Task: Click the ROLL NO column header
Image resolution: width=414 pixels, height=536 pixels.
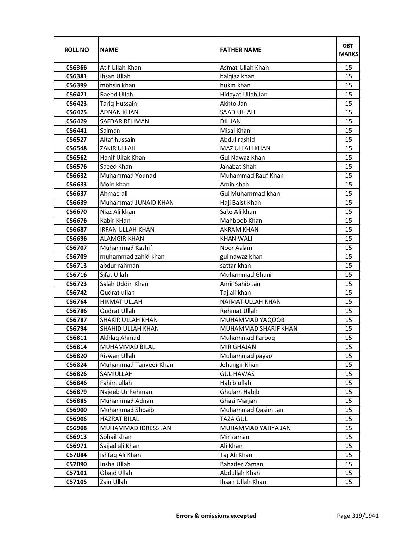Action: pos(76,50)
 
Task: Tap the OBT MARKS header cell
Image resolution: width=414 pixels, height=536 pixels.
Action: pos(348,50)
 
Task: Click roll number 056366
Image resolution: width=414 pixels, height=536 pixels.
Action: pos(76,68)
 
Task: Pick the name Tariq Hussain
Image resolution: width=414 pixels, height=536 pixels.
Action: pos(119,104)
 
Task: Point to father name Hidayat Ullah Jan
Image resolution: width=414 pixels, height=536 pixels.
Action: pos(244,95)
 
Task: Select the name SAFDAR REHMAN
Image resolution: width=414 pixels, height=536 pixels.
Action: pos(124,121)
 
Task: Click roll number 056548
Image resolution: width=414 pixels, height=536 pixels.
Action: pos(76,148)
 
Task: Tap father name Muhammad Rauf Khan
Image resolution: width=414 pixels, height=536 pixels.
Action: pos(252,176)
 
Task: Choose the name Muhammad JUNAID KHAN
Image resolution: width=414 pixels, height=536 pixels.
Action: pos(137,203)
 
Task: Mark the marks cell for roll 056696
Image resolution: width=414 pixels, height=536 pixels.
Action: pos(348,239)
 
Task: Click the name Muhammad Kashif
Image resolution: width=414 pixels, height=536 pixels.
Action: pos(126,248)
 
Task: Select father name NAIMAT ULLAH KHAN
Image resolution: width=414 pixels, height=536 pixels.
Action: pos(250,302)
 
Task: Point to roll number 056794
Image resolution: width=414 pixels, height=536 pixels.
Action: pos(76,329)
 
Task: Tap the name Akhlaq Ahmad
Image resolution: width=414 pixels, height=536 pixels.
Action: pos(120,338)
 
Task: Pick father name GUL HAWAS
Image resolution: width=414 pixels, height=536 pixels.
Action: pos(237,374)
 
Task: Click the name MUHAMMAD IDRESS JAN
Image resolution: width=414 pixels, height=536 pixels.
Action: pos(135,428)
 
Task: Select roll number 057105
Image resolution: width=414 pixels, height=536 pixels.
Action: pos(76,482)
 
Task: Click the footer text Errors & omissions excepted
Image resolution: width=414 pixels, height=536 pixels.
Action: pos(216,516)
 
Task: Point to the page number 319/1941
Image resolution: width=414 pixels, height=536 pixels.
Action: pos(358,516)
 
